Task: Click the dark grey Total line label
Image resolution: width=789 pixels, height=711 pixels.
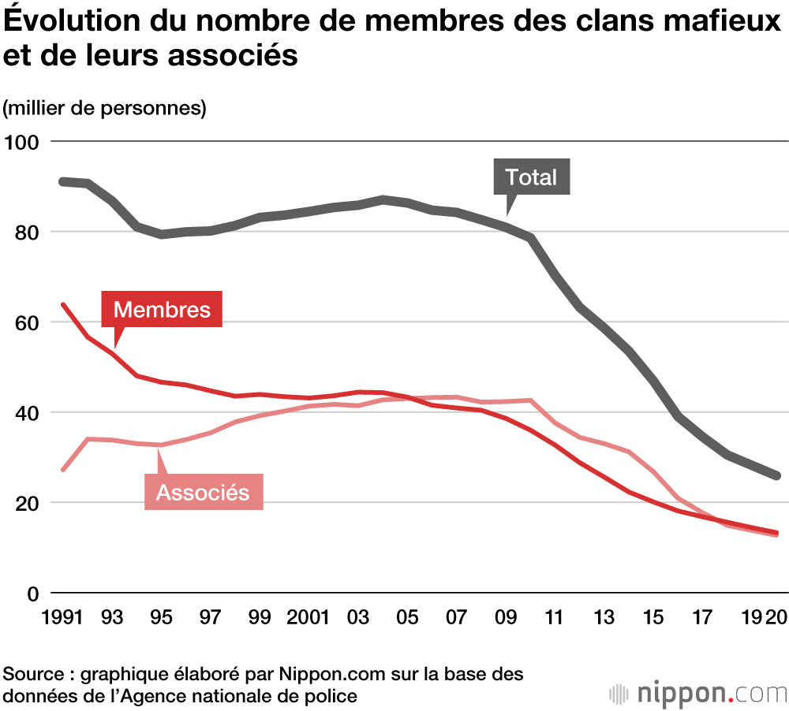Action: click(531, 177)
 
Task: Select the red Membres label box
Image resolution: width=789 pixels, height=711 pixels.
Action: click(162, 309)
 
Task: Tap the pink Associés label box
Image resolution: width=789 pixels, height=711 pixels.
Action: click(204, 493)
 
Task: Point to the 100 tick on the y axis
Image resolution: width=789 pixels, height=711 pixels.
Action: click(24, 143)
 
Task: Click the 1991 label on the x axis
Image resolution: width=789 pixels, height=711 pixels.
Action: click(63, 617)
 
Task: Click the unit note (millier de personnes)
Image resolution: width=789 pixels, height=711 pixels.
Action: click(105, 108)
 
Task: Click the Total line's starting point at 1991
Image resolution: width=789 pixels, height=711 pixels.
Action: click(63, 181)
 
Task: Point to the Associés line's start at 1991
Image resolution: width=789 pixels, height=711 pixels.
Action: click(63, 470)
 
